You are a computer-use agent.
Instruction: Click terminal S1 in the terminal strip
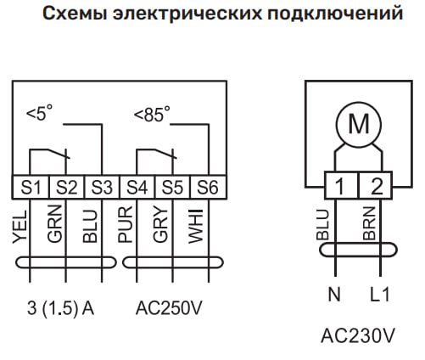tap(31, 187)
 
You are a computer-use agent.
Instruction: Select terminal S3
tap(102, 187)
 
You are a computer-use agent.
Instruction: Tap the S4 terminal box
tap(137, 187)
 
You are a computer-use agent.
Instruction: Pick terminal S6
tap(209, 187)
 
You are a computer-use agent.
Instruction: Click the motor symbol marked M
tap(359, 125)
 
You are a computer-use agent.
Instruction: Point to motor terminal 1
tap(341, 185)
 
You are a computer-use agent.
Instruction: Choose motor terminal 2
tap(376, 185)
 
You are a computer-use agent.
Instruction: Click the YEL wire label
tap(20, 227)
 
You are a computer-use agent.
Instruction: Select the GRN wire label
tap(55, 224)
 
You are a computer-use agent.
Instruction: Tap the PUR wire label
tap(125, 224)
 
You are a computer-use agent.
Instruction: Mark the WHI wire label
tap(196, 226)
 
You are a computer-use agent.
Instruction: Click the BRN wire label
tap(369, 223)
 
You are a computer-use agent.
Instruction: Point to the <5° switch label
tap(39, 113)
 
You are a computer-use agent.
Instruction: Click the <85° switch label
tap(152, 115)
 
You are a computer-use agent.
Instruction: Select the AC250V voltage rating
tap(169, 308)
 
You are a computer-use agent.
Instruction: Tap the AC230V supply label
tap(358, 336)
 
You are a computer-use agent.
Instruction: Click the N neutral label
tap(334, 295)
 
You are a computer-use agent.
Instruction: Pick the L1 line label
tap(380, 295)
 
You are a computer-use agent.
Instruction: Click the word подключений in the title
tap(335, 13)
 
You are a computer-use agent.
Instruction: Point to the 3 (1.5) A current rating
tap(60, 308)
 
